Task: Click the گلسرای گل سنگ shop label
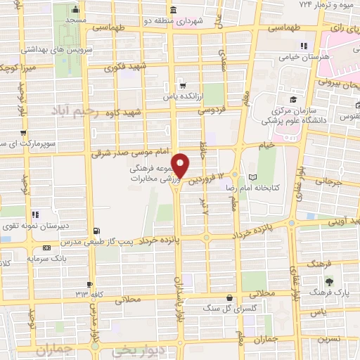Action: click(x=227, y=308)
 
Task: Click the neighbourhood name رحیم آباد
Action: click(x=75, y=110)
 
